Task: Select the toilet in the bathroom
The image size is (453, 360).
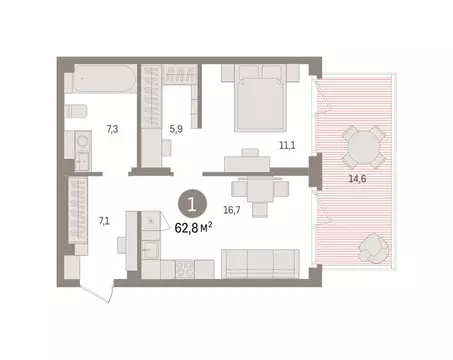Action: [74, 111]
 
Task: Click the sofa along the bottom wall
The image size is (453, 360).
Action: [259, 265]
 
